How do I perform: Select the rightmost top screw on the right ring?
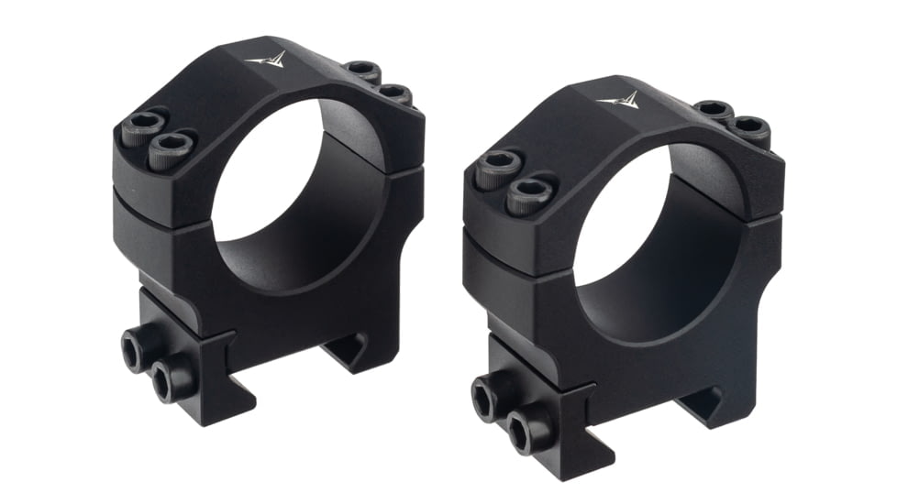[750, 130]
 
